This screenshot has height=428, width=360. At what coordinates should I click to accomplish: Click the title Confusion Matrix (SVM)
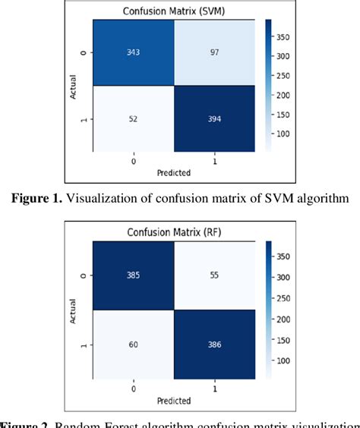[173, 11]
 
